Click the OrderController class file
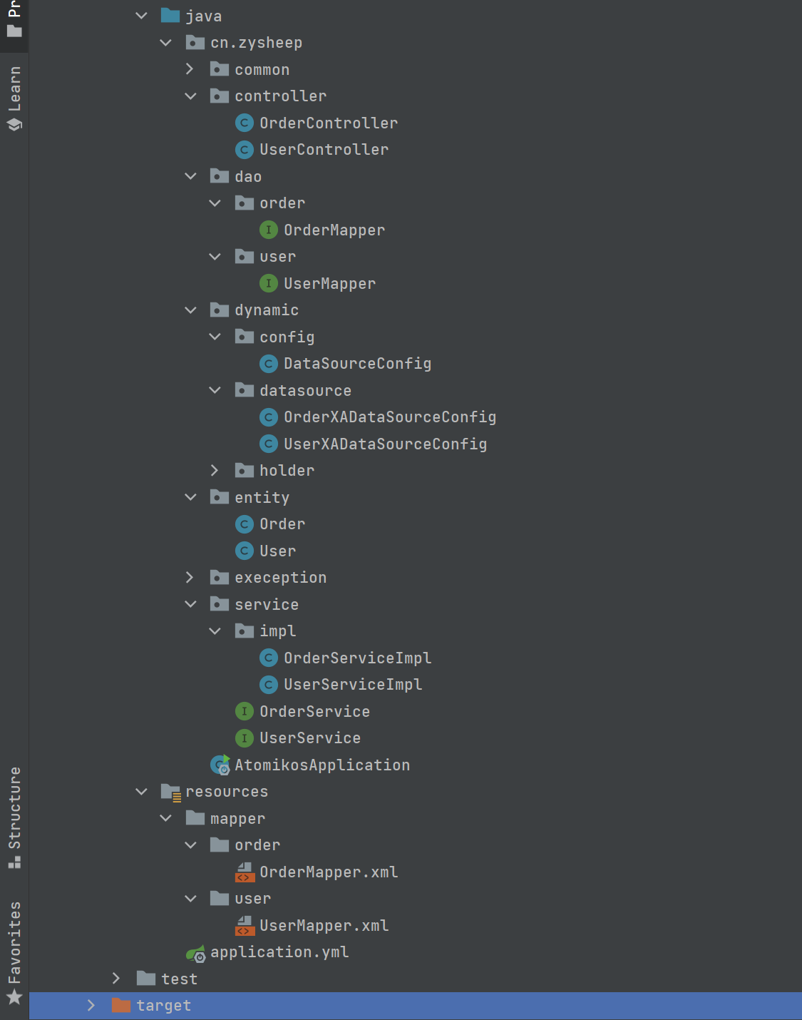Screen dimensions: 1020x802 tap(328, 123)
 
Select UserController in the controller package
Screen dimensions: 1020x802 tap(324, 150)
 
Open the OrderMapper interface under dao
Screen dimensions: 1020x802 tap(334, 230)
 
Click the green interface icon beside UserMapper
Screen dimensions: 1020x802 tap(268, 283)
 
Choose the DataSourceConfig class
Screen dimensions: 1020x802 tap(357, 364)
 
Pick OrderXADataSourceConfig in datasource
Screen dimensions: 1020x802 tap(389, 417)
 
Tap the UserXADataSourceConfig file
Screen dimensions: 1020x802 tap(385, 444)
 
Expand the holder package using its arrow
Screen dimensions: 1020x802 tap(215, 471)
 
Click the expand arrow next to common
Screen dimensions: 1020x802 tap(190, 69)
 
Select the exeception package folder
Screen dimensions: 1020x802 tap(280, 578)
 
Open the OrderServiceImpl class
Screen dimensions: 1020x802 tap(357, 658)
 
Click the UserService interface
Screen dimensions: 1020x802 tap(309, 738)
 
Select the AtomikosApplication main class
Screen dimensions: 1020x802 tap(322, 765)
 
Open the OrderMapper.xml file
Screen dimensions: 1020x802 tap(328, 872)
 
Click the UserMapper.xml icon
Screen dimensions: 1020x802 tap(245, 926)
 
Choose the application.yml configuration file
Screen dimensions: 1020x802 tap(279, 952)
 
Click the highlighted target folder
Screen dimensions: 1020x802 tap(163, 1006)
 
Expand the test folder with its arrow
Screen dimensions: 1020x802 tap(116, 979)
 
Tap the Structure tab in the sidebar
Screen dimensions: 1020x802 tap(14, 817)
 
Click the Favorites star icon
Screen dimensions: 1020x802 tap(14, 997)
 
